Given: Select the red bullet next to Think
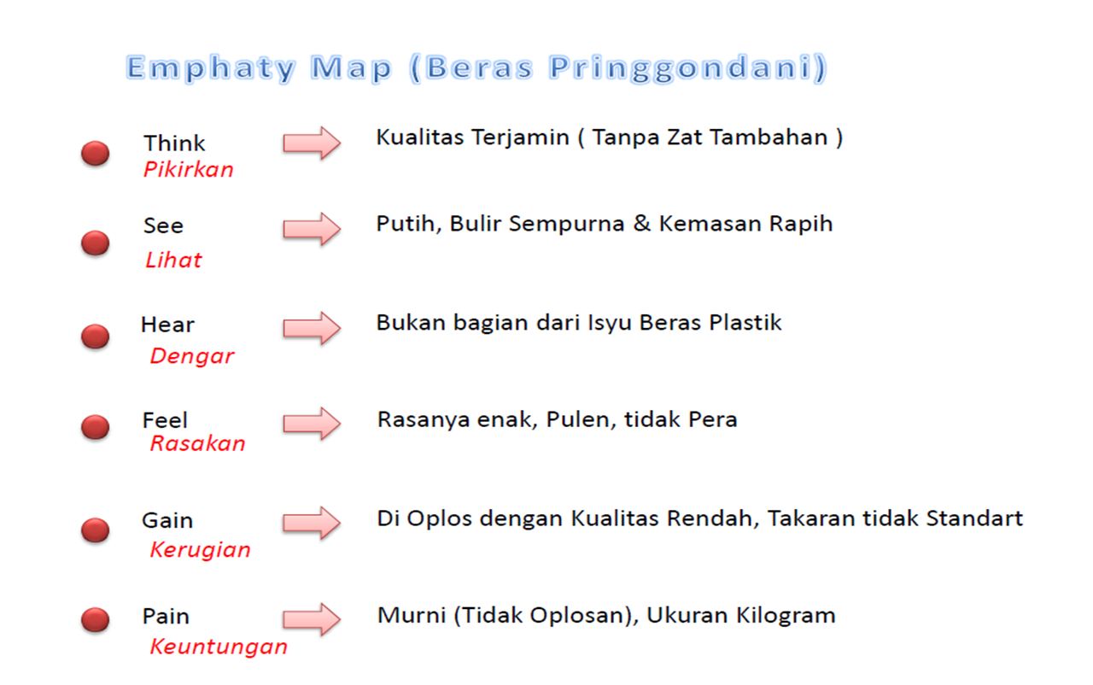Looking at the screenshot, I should (x=95, y=154).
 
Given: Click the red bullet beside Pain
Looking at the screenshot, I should (x=95, y=619).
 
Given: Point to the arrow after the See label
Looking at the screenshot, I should (x=312, y=228).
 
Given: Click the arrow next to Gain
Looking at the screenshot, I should (x=312, y=523).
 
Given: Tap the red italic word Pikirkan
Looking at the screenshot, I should (x=188, y=170).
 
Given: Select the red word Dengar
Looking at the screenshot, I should (x=191, y=356).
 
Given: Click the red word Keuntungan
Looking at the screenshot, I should (x=219, y=647).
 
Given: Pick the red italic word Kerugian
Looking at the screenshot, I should (x=200, y=550).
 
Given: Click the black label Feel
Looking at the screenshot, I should (x=165, y=420).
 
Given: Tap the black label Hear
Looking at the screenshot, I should (x=167, y=325).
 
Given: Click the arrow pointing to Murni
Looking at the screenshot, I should (x=312, y=619).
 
